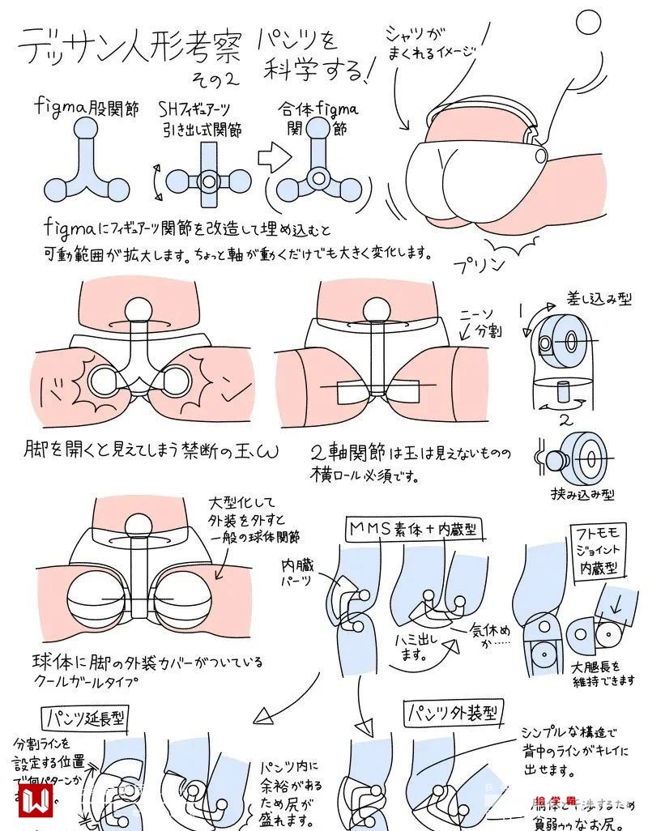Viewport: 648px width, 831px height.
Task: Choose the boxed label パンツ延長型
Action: tap(82, 718)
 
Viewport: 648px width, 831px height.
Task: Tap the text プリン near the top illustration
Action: tap(479, 263)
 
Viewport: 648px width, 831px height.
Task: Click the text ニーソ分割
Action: tap(477, 322)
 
